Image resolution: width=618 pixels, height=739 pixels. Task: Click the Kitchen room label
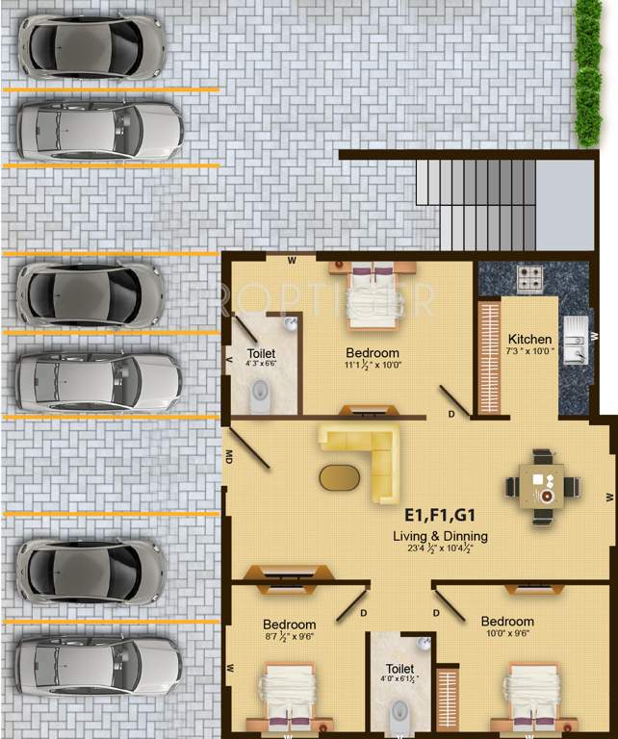click(x=530, y=339)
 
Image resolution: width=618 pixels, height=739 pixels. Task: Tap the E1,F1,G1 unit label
click(x=440, y=515)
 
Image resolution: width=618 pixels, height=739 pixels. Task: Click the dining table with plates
click(x=543, y=486)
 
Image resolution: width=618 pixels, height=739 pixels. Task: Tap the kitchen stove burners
click(x=530, y=279)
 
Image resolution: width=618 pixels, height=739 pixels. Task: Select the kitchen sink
click(x=574, y=340)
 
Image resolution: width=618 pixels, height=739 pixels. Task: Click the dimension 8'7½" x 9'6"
click(x=289, y=637)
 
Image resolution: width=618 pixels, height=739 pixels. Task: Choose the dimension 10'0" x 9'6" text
click(x=507, y=634)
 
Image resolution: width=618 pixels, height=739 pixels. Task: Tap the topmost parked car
click(x=92, y=46)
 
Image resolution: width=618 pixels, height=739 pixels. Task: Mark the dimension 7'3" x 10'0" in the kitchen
click(x=530, y=351)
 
